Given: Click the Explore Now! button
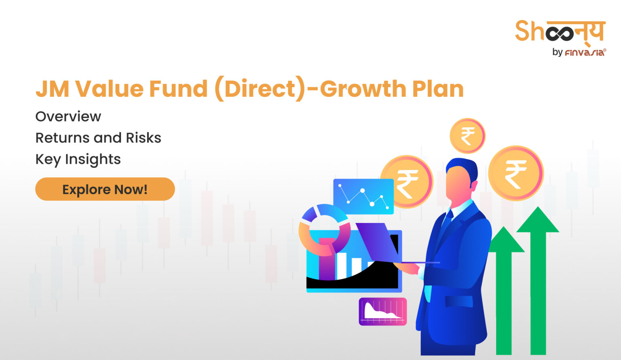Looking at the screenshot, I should (x=105, y=189).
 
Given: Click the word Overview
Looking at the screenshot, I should (x=68, y=116).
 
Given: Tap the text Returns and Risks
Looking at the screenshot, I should (x=98, y=138).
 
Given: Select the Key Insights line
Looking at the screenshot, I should (x=78, y=159).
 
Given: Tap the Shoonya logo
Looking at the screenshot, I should (x=560, y=31).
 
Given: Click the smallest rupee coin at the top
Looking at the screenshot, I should (x=467, y=136).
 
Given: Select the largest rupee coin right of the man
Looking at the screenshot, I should (x=516, y=173).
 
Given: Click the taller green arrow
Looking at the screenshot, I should (x=538, y=279).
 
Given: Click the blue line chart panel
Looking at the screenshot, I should (x=363, y=196).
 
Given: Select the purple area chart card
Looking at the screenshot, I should (x=382, y=312).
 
